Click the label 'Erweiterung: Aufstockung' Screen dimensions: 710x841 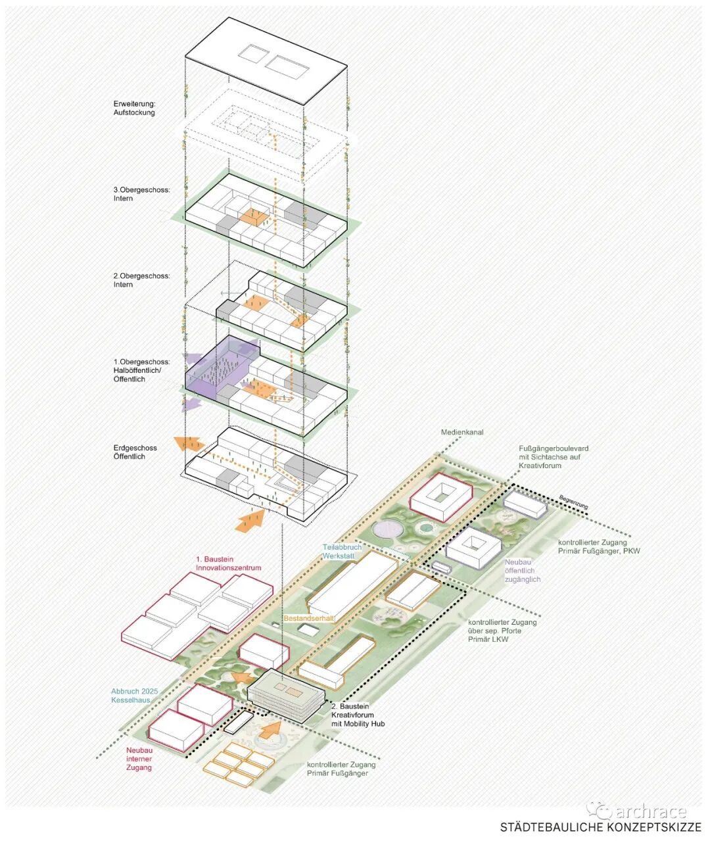tap(134, 108)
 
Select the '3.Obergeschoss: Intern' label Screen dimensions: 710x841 tap(141, 194)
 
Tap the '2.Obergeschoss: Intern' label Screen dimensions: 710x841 tap(141, 280)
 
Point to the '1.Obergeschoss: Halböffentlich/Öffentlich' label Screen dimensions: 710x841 tap(141, 370)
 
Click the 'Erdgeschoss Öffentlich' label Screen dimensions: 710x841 tap(135, 452)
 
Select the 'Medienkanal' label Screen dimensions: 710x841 tap(462, 432)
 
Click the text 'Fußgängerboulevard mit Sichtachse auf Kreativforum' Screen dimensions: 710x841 tap(553, 457)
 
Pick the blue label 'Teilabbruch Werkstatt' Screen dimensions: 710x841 tap(342, 552)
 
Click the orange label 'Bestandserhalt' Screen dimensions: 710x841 tap(310, 619)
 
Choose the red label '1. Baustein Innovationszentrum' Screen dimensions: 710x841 tap(228, 564)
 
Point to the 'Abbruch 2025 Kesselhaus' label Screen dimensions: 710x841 tap(135, 696)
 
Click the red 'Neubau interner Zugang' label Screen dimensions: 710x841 tap(139, 759)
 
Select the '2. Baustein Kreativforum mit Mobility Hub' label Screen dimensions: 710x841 tap(358, 715)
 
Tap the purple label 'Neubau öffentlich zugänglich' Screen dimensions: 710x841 tap(523, 571)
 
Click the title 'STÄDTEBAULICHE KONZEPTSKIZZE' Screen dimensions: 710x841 tap(600, 827)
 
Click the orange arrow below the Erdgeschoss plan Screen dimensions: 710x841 tap(250, 519)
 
